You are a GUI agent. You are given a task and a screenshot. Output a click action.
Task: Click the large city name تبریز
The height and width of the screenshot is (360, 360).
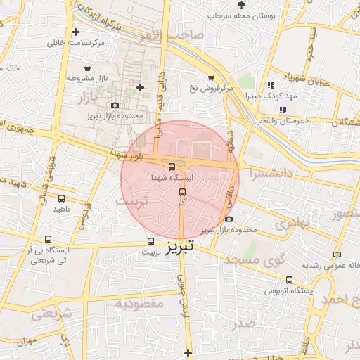pos(182,247)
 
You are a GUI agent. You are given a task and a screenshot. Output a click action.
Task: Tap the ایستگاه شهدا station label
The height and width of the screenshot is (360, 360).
pos(172,179)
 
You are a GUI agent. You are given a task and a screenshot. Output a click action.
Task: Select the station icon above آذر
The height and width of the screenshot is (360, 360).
pos(183,191)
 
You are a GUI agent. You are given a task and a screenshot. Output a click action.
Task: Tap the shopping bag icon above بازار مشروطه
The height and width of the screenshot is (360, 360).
pos(86,68)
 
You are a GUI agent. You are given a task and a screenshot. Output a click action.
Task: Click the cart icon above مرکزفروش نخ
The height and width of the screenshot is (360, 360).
pos(211,77)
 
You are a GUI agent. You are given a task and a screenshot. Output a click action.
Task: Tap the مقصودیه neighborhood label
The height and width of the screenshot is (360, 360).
pos(140,304)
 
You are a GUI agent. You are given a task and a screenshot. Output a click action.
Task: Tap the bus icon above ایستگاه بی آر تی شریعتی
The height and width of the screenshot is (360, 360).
pos(48,239)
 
